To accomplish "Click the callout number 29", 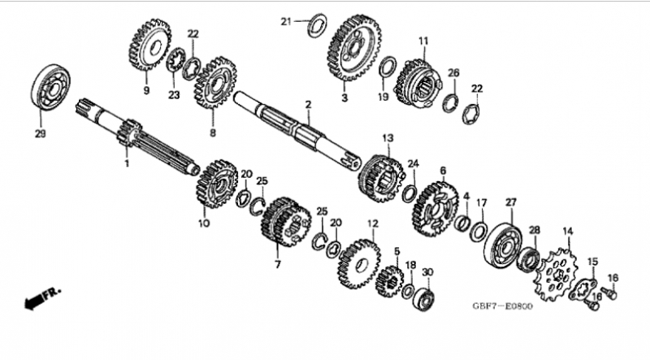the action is coord(40,134).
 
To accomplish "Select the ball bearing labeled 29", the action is coord(50,88).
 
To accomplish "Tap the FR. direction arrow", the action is coord(42,298).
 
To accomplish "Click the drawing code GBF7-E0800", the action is coord(502,306).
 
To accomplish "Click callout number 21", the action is coord(286,21).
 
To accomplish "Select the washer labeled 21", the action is coord(317,25).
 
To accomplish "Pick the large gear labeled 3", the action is coord(354,48).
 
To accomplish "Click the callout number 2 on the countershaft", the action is coord(308,105).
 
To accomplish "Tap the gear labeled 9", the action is coord(149,45).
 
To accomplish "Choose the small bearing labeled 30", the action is coord(424,297).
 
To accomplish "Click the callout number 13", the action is coord(388,137).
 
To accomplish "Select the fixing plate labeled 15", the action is coord(583,288).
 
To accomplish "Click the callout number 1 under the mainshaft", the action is coord(127,163).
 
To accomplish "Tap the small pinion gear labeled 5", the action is coord(390,281).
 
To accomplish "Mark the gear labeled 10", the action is coord(216,183).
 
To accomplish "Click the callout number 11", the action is coord(423,41).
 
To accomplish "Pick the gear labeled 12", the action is coord(359,264).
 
